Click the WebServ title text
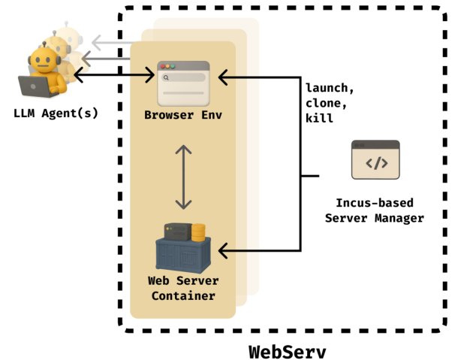tap(288, 350)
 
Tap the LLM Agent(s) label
tap(56, 113)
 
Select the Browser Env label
tap(184, 115)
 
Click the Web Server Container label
tap(183, 288)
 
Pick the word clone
tap(324, 104)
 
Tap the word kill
tap(321, 119)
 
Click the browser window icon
tap(183, 83)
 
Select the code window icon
tap(375, 159)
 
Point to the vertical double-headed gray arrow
tap(183, 177)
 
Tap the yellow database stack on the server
tap(198, 231)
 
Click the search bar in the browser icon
tap(184, 77)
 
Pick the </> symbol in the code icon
tap(375, 162)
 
